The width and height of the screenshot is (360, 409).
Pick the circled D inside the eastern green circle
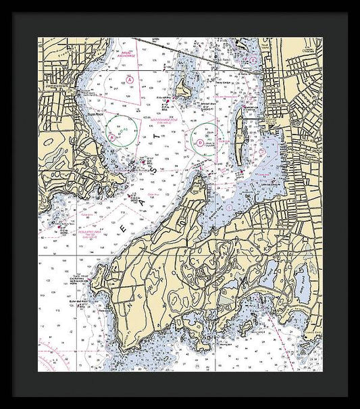coord(200,143)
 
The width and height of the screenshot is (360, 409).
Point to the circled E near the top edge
coord(253,60)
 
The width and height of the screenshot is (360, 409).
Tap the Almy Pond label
coord(303,281)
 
